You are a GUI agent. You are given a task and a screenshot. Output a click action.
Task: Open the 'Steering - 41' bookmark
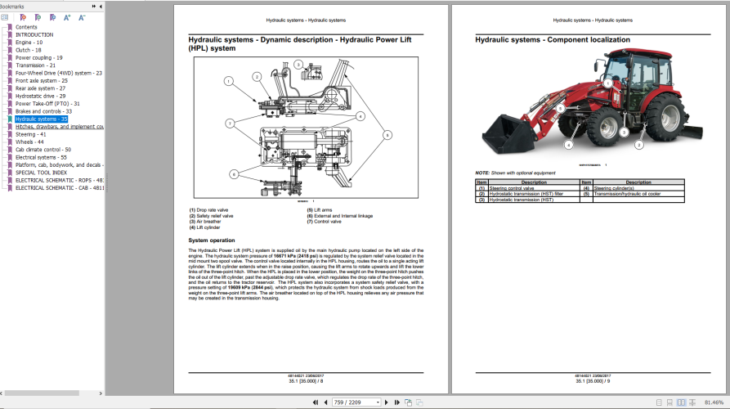[x=31, y=134]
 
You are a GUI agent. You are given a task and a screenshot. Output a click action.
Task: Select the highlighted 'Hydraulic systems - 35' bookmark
[x=41, y=119]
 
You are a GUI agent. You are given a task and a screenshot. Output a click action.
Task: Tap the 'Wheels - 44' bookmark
[x=29, y=142]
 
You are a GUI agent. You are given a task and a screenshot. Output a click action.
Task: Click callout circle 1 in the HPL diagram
[x=230, y=81]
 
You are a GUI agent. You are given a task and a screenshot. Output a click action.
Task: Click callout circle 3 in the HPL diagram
[x=298, y=64]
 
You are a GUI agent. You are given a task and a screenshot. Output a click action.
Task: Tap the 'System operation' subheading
[x=212, y=240]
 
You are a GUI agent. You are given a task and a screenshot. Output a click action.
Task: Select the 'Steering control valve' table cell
[x=511, y=188]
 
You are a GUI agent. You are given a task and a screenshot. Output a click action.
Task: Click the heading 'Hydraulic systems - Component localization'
[x=553, y=39]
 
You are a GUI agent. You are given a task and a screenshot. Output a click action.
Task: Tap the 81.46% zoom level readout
[x=714, y=402]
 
